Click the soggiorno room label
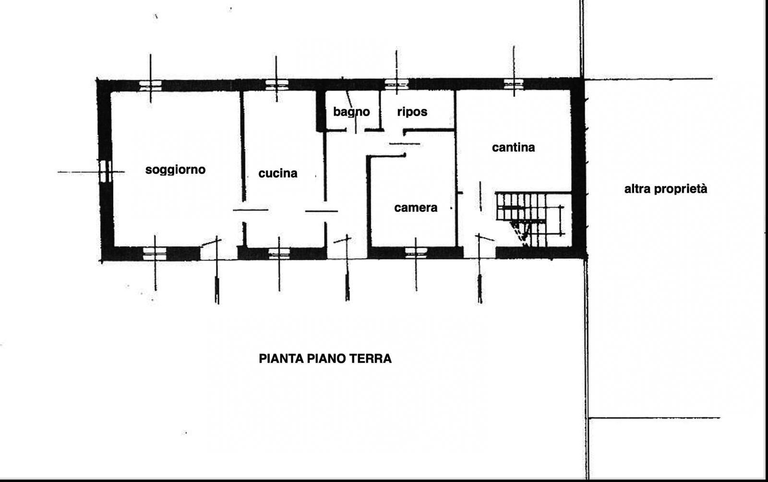point(175,170)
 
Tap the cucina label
point(278,173)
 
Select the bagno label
point(351,112)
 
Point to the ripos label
point(412,112)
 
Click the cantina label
point(513,147)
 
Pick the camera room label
point(416,208)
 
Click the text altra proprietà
point(665,189)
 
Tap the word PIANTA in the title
point(281,359)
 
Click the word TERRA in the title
point(370,359)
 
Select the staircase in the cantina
point(530,219)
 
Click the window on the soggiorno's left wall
point(105,171)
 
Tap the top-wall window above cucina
point(276,84)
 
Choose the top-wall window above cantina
point(514,84)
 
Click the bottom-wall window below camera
point(416,253)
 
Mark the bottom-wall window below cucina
point(279,254)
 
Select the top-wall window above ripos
point(396,84)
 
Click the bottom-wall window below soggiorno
point(155,254)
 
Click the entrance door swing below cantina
point(484,237)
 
